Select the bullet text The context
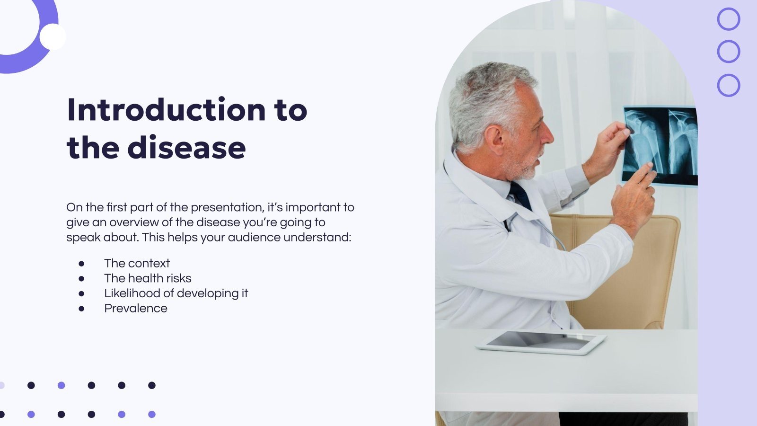click(137, 263)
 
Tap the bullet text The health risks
click(148, 278)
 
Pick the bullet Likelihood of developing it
click(176, 293)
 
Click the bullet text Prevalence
click(136, 309)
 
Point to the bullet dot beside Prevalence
click(81, 309)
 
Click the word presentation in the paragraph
click(227, 207)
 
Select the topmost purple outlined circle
click(728, 19)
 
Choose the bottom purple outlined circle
click(728, 86)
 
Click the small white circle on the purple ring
click(53, 37)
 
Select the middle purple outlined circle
click(728, 52)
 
